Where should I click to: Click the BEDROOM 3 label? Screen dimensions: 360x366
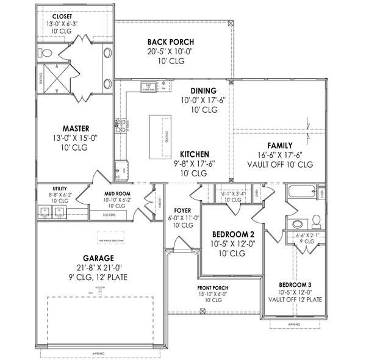[295, 285]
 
